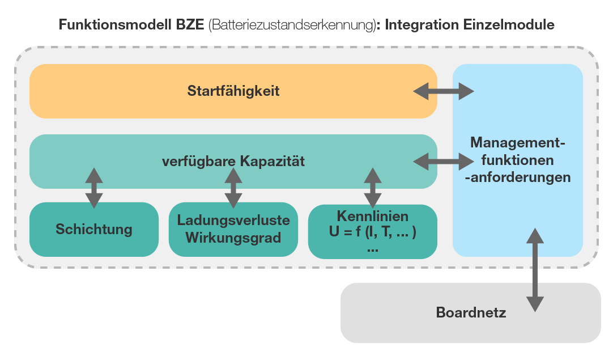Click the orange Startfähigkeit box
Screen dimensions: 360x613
(x=233, y=91)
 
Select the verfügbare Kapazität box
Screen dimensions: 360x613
(x=233, y=162)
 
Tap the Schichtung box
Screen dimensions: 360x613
(x=94, y=229)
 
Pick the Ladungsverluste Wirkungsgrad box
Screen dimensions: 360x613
(x=233, y=229)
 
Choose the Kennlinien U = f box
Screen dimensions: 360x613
(x=372, y=229)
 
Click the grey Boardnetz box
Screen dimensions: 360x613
(x=470, y=312)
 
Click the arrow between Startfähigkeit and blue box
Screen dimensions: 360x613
(x=444, y=91)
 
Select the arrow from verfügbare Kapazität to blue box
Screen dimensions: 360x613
(x=444, y=162)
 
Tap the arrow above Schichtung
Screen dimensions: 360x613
(x=94, y=187)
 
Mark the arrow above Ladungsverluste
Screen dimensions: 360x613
(x=232, y=187)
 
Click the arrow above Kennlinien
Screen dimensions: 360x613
(x=372, y=187)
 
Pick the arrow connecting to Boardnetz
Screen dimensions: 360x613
(x=534, y=269)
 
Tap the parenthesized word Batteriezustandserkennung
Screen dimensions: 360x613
(x=291, y=26)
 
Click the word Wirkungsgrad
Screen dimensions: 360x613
(x=233, y=238)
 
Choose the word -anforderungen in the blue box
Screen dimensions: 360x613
(x=518, y=177)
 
